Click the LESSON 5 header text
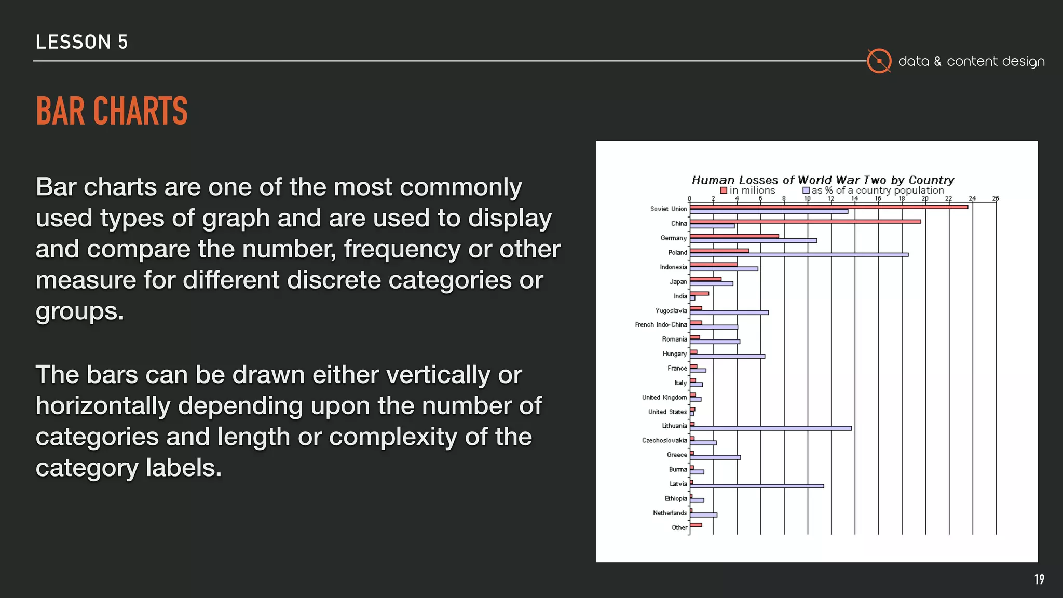81,42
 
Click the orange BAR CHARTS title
112,111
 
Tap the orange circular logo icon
879,61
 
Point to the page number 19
1039,579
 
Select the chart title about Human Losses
823,180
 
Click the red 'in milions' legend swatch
724,191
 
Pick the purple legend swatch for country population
806,191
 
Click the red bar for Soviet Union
828,207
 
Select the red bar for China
805,222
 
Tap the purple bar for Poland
799,255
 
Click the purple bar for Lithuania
770,428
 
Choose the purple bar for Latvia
757,486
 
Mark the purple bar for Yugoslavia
729,312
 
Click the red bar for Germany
734,236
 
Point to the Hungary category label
674,354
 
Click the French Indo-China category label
661,325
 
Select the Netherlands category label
670,513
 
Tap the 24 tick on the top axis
972,198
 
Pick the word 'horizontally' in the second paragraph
103,406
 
